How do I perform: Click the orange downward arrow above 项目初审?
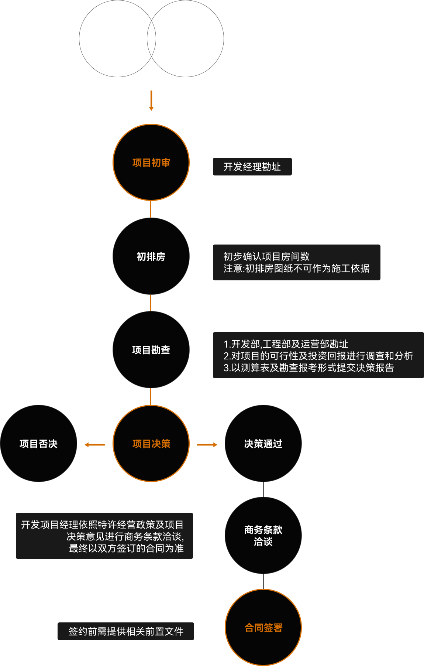pyautogui.click(x=151, y=100)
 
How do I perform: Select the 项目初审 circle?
pyautogui.click(x=151, y=163)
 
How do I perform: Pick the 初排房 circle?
pyautogui.click(x=151, y=256)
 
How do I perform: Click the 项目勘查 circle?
pyautogui.click(x=151, y=350)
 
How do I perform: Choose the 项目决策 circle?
pyautogui.click(x=151, y=444)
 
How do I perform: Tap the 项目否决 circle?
pyautogui.click(x=38, y=444)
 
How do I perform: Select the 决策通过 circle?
pyautogui.click(x=263, y=444)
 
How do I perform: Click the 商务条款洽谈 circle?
pyautogui.click(x=263, y=536)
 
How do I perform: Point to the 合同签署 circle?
pyautogui.click(x=263, y=628)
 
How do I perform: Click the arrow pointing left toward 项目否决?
pyautogui.click(x=94, y=445)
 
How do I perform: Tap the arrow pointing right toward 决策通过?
pyautogui.click(x=207, y=445)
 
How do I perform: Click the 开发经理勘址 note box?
pyautogui.click(x=252, y=167)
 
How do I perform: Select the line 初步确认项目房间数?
pyautogui.click(x=266, y=256)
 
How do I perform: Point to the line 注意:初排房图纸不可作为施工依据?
pyautogui.click(x=296, y=269)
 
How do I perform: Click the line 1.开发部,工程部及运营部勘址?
pyautogui.click(x=286, y=344)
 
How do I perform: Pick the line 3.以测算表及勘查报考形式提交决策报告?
pyautogui.click(x=308, y=368)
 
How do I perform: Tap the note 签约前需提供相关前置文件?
pyautogui.click(x=126, y=632)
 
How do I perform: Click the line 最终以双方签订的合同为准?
pyautogui.click(x=126, y=549)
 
